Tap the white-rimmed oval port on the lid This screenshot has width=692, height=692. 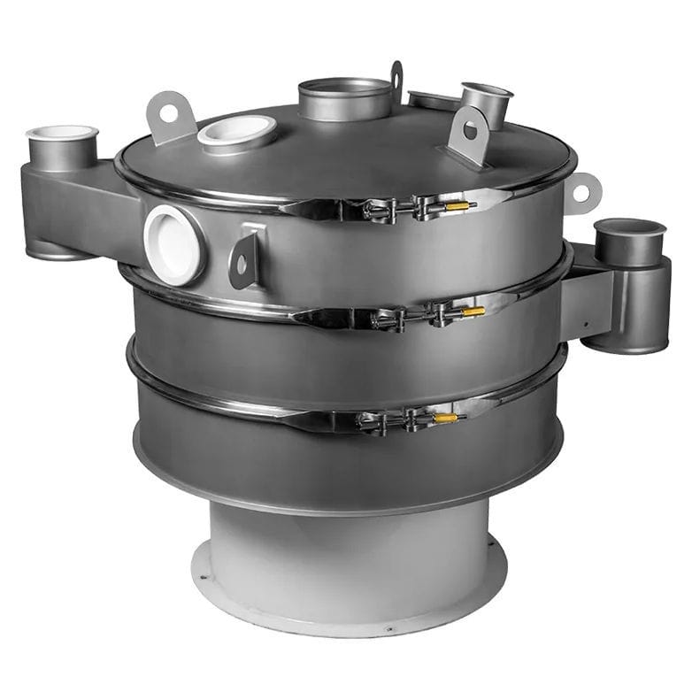pyautogui.click(x=237, y=133)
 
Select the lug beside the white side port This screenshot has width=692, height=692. pyautogui.click(x=243, y=259)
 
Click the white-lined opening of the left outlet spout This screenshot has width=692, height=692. pyautogui.click(x=62, y=134)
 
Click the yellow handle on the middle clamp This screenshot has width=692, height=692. pyautogui.click(x=473, y=311)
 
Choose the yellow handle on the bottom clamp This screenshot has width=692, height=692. pyautogui.click(x=445, y=418)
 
